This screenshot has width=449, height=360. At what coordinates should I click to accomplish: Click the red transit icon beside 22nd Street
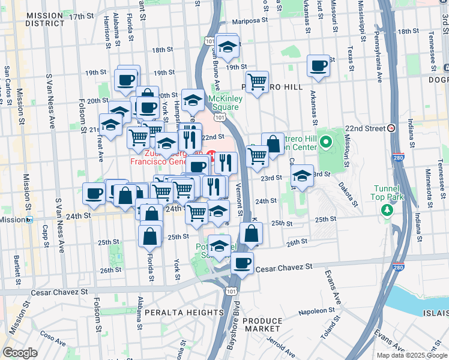click(x=391, y=128)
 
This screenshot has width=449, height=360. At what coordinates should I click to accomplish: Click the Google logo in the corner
click(x=20, y=353)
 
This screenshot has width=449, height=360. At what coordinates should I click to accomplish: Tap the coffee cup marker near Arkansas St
click(x=318, y=66)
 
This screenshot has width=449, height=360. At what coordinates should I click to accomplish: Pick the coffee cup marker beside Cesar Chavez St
click(x=242, y=263)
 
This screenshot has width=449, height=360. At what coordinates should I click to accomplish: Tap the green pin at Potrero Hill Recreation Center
click(x=326, y=142)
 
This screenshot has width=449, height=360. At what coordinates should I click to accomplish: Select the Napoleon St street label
click(x=312, y=311)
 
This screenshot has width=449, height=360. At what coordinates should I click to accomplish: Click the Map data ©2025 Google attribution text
click(x=412, y=355)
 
